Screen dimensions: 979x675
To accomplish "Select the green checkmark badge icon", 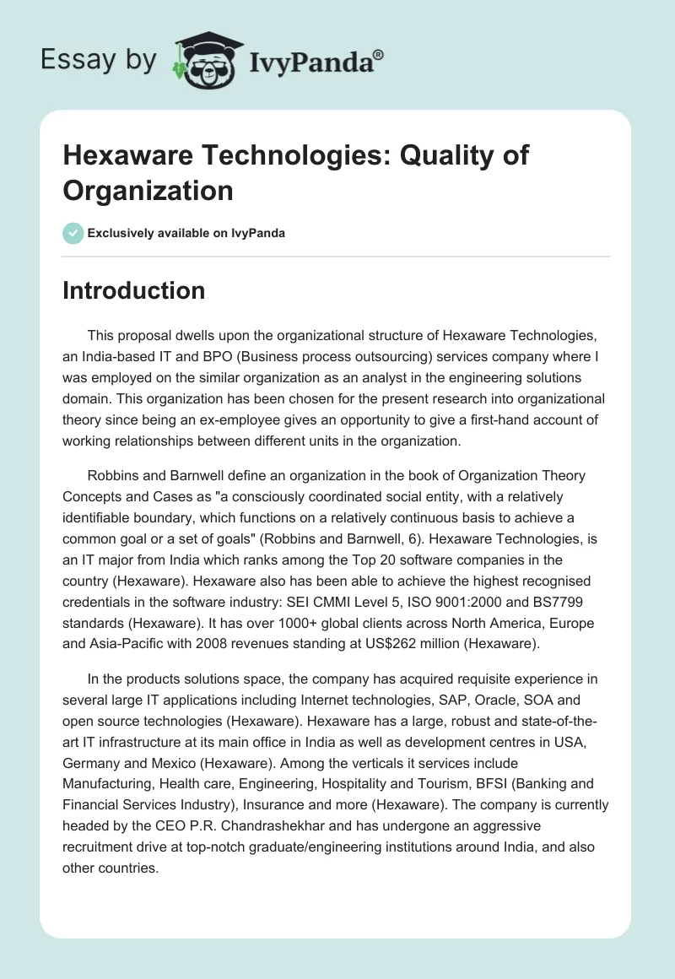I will (x=73, y=233).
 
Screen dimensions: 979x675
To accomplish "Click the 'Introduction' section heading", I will (x=134, y=290).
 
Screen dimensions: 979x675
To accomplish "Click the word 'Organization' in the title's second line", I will (x=148, y=191).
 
